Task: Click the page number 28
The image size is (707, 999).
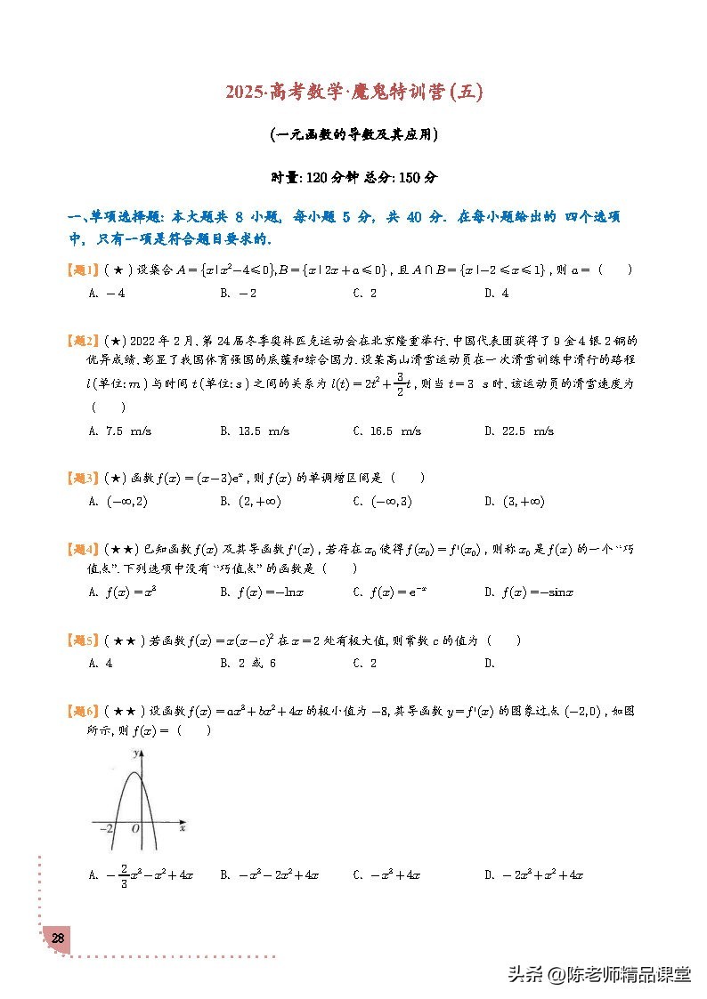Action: click(x=57, y=939)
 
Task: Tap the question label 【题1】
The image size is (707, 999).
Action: click(x=85, y=270)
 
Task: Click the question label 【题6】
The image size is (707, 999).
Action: click(x=85, y=711)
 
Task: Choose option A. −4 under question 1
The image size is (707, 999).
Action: click(x=107, y=293)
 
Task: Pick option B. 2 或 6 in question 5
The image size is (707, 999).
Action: click(x=248, y=663)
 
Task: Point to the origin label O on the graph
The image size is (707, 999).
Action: click(x=134, y=828)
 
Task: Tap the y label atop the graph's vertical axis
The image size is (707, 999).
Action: click(x=134, y=753)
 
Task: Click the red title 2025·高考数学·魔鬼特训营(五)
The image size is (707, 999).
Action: click(x=353, y=93)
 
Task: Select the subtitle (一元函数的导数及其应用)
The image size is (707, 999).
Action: click(x=353, y=135)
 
